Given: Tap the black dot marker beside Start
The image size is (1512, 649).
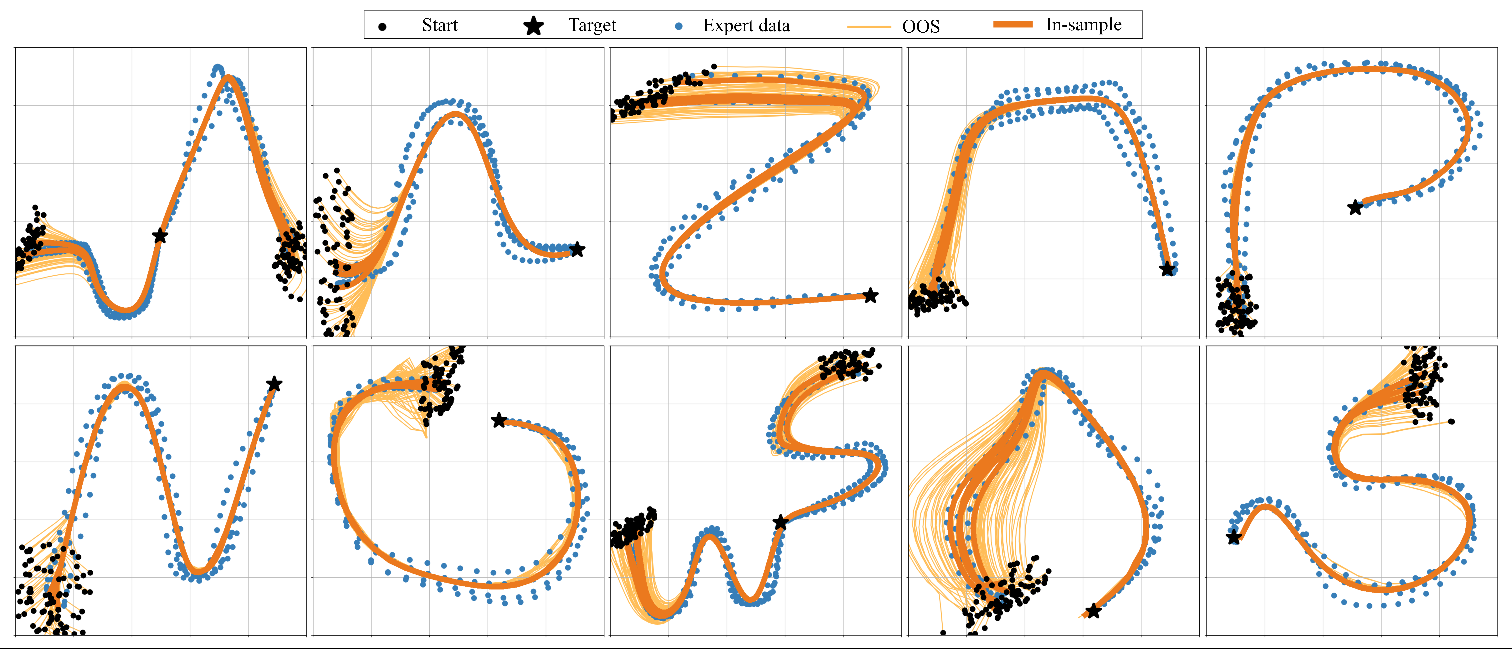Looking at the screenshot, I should (x=382, y=26).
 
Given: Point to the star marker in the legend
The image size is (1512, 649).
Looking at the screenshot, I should (x=533, y=26).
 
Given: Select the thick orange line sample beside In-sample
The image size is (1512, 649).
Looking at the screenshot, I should (x=1012, y=25).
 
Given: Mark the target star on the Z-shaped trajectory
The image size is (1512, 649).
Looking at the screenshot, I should (x=870, y=296).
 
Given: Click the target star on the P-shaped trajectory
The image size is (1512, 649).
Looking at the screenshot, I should (x=1355, y=207).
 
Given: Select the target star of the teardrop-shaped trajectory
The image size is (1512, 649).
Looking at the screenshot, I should (x=1093, y=611).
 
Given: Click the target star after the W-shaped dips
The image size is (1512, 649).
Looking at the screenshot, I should (x=780, y=522).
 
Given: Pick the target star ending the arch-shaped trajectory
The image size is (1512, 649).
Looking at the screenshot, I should (x=1167, y=269).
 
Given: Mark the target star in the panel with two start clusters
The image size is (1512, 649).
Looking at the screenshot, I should (x=160, y=236).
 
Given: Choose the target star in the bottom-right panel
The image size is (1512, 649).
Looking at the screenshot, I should (x=1234, y=537).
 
